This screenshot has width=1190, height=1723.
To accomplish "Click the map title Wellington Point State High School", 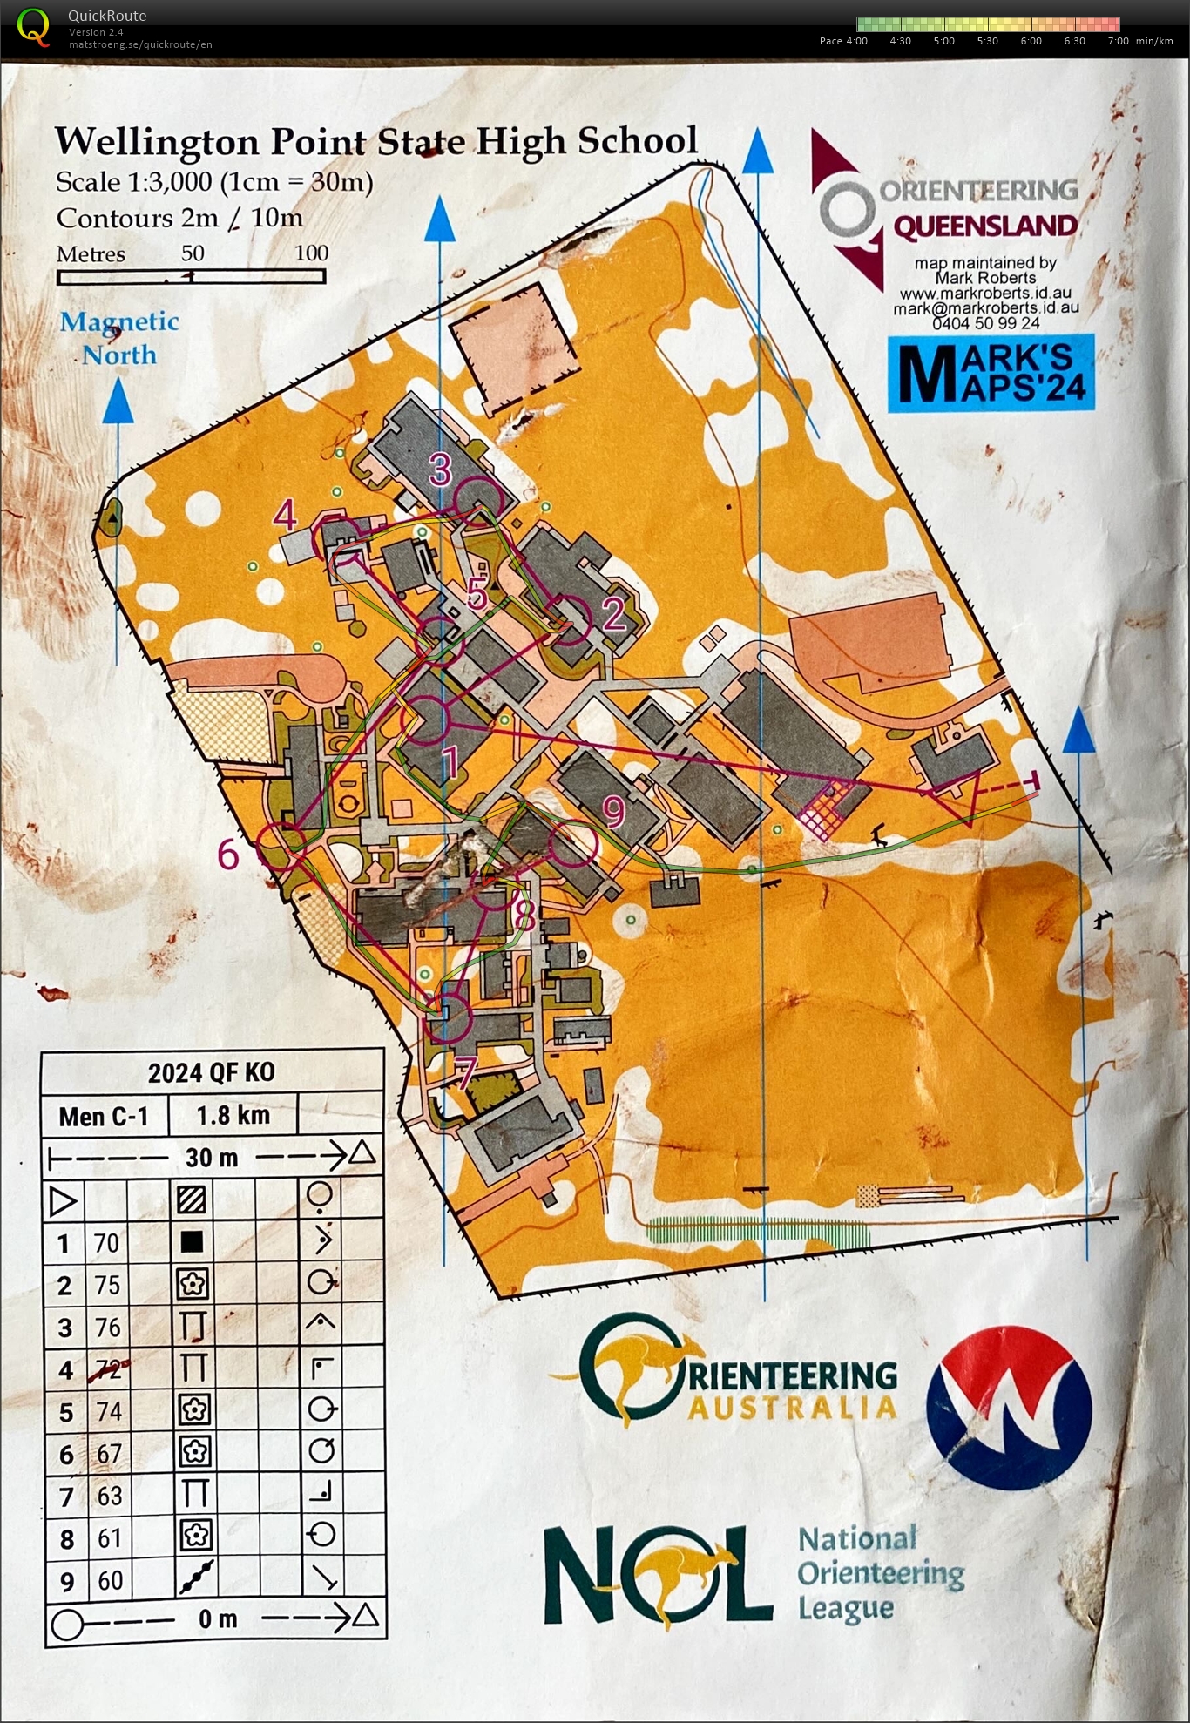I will coord(375,141).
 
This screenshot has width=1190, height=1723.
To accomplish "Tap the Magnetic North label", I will coord(119,338).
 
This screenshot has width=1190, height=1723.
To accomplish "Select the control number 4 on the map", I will coord(285,515).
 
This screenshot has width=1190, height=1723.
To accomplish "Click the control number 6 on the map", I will coord(228,855).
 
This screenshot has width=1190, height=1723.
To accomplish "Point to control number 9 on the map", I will coord(614,812).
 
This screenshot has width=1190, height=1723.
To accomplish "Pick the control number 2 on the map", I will coord(614,615).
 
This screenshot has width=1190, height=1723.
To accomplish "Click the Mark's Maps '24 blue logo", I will coord(991,374).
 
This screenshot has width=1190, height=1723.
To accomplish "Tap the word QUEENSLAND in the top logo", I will coord(985,226).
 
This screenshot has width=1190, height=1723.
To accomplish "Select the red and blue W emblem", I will coord(1009,1408).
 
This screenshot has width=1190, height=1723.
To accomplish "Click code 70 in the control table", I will coord(106,1242).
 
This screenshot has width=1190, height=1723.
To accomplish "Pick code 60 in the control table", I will coord(110,1580).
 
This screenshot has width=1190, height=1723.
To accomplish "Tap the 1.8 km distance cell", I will coord(233,1116).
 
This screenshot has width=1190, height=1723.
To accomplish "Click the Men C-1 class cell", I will coord(104,1116).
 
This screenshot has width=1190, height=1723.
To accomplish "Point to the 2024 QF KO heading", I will coord(212,1072).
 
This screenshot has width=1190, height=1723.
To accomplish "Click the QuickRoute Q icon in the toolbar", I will coord(33,25).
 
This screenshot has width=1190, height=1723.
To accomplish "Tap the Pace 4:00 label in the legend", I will coord(843,41).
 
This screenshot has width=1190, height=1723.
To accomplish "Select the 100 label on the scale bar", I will coord(311,253).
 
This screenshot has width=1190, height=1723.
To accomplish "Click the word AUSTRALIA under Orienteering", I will coord(792,1408).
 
